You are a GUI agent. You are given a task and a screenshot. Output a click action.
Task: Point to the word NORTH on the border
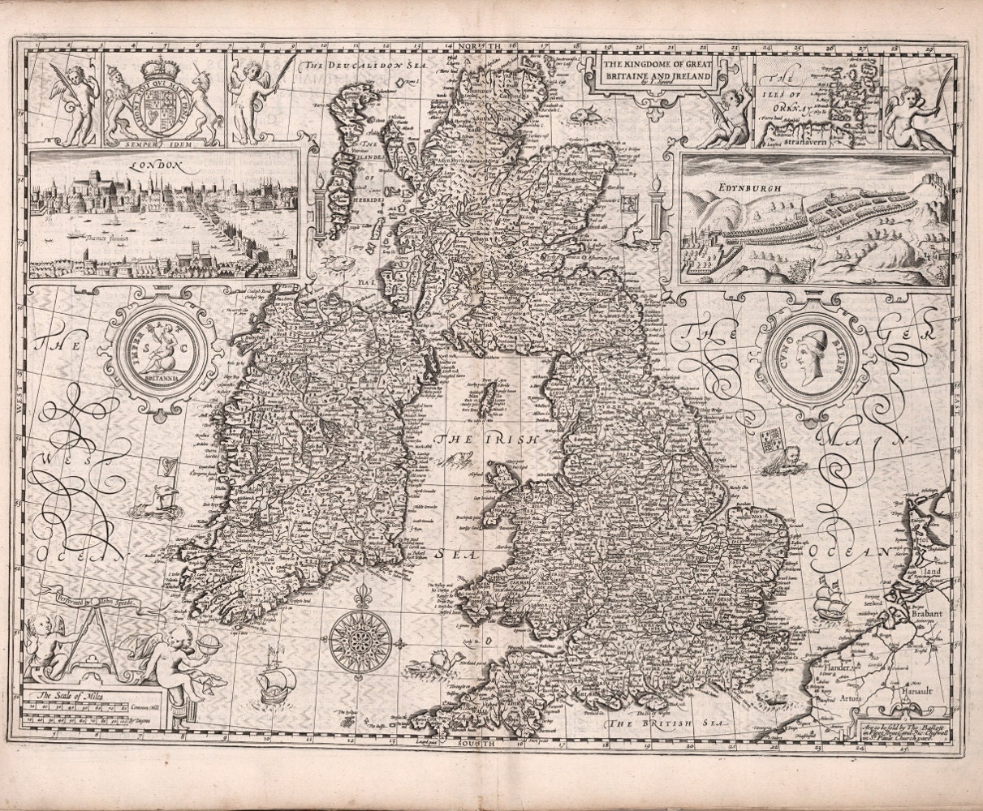coord(479,47)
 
